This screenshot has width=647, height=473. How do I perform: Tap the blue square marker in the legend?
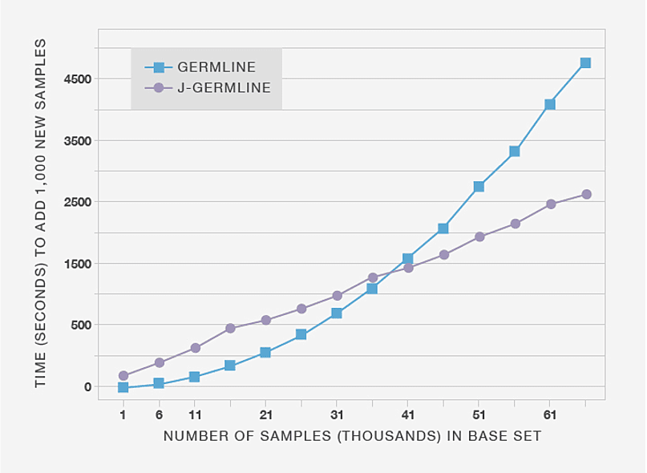(x=158, y=67)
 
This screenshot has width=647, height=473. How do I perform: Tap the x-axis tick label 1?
(x=123, y=414)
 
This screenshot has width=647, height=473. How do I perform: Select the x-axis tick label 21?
(x=265, y=414)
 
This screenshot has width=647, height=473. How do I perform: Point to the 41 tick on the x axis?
(x=407, y=414)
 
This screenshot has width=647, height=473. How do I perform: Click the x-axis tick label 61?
(x=550, y=414)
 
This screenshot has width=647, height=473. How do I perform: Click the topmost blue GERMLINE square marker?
(x=585, y=63)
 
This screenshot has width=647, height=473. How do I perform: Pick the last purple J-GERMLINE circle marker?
(x=586, y=194)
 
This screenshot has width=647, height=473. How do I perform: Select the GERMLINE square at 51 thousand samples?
(x=479, y=187)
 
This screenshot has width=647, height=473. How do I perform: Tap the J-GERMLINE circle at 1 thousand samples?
(x=123, y=375)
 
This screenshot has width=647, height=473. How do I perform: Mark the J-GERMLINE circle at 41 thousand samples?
(x=408, y=268)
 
